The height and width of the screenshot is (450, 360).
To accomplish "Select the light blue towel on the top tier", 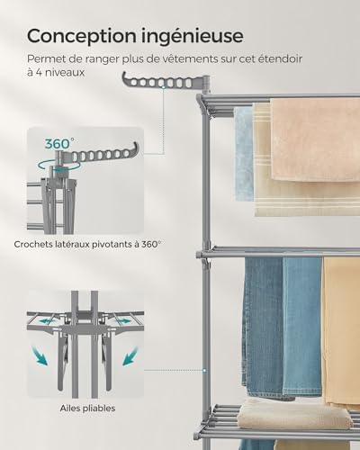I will (x=243, y=153).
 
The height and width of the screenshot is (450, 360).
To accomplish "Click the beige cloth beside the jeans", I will (x=340, y=333).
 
